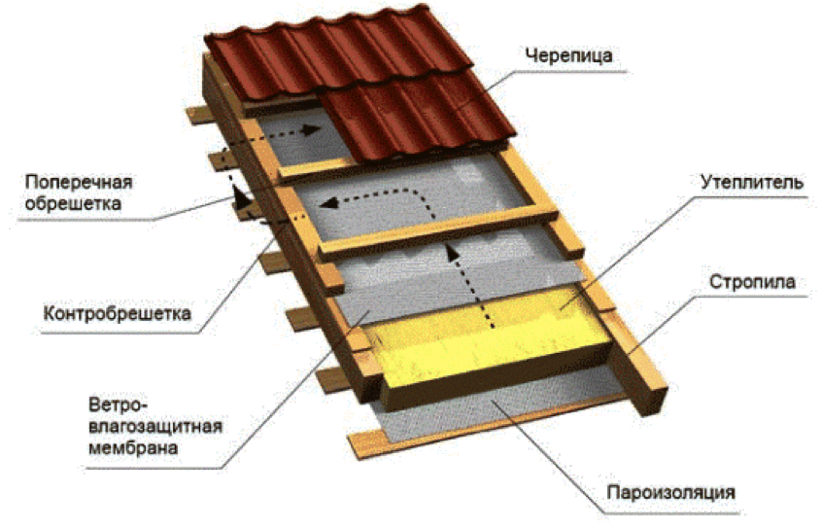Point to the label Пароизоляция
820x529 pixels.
[x=666, y=491]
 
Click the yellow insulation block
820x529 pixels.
[x=486, y=335]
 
